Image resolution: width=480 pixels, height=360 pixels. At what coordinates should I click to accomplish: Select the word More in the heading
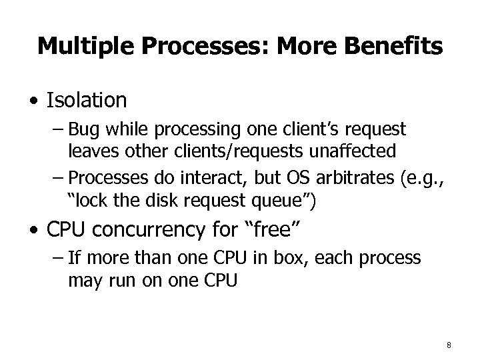click(300, 46)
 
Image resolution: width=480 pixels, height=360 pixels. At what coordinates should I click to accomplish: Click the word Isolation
click(87, 101)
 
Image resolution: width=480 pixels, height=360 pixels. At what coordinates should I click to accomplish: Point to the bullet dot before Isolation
click(33, 102)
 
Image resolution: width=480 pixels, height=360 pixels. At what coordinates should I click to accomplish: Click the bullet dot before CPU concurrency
click(33, 231)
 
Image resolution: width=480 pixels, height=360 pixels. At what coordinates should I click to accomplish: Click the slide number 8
click(449, 345)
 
